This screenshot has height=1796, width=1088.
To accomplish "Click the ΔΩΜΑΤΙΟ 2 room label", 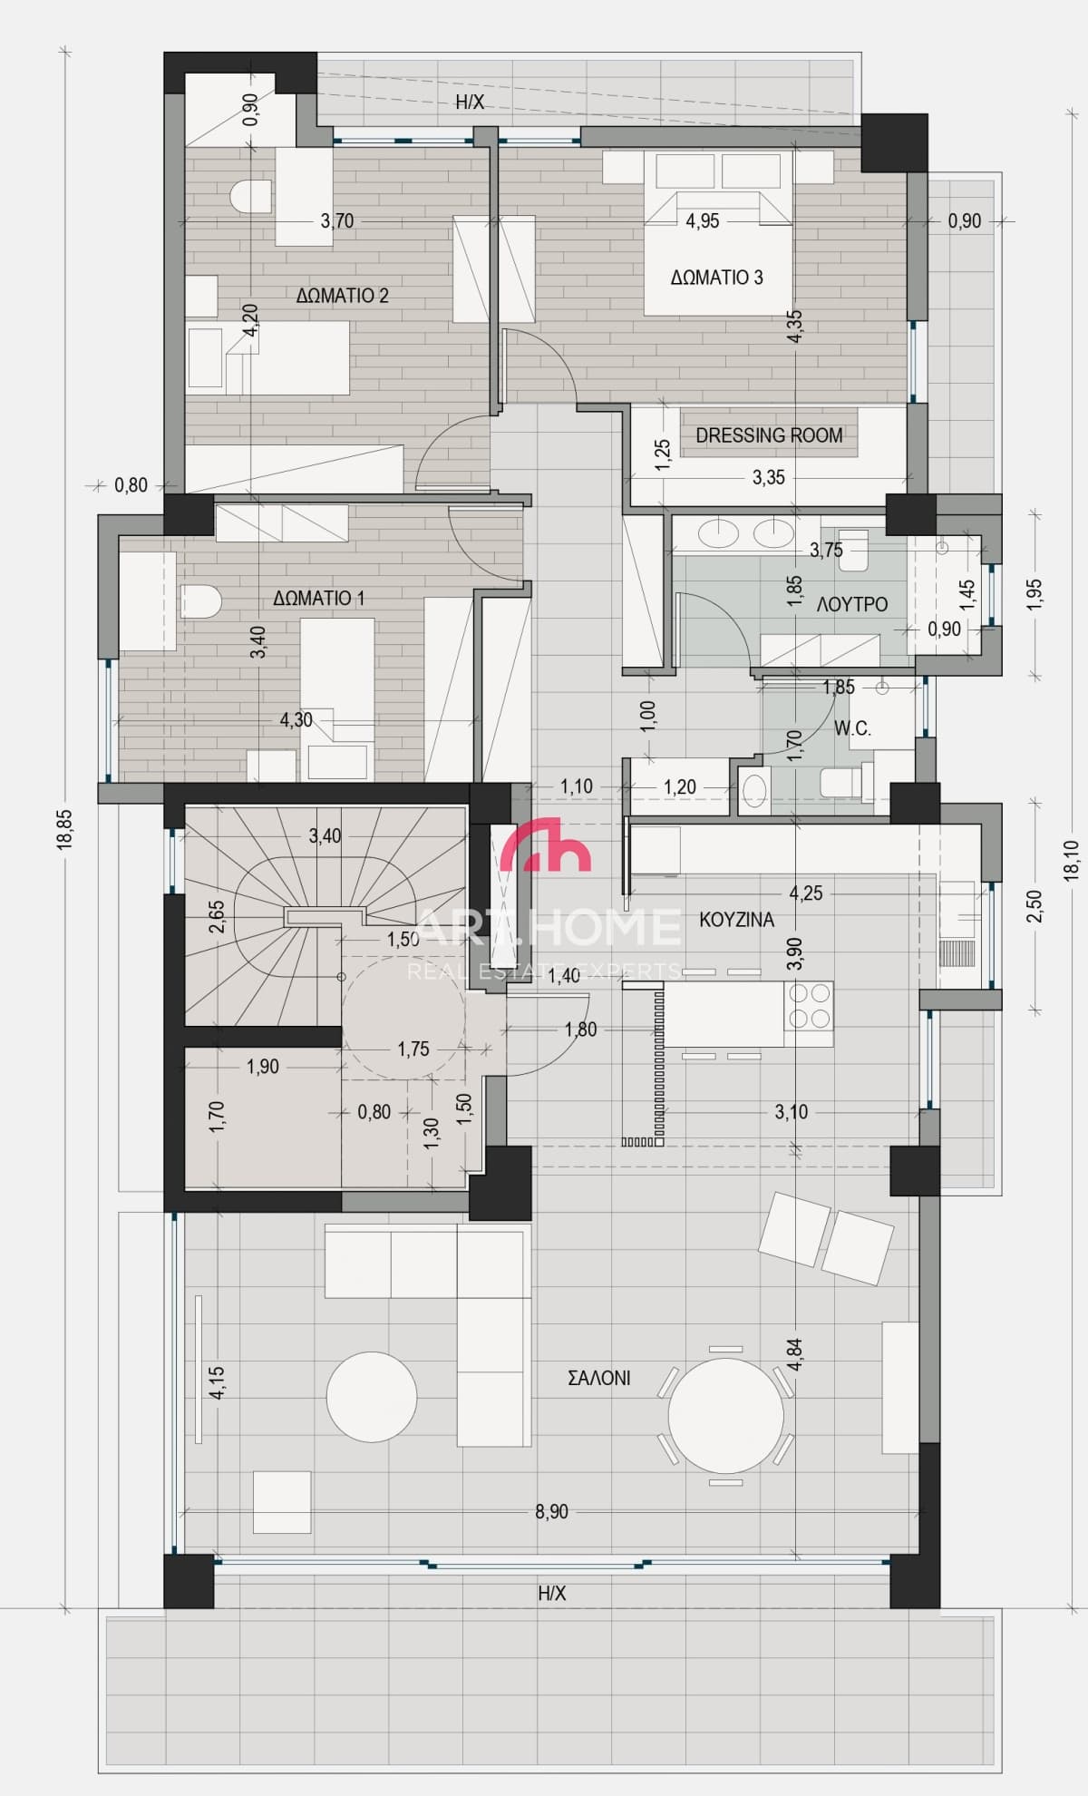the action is [342, 296].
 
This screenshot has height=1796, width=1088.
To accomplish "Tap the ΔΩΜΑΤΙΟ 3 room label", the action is [716, 278].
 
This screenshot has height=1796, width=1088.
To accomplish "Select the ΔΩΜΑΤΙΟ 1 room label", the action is [318, 599].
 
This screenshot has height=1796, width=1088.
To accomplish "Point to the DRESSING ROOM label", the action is [769, 435].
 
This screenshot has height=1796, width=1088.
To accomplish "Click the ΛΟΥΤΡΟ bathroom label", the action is [851, 604].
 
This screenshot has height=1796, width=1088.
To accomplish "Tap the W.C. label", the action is [852, 727].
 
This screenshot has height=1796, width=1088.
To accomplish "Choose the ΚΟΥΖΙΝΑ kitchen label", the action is [736, 920].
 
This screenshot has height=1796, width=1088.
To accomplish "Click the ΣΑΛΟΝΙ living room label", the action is [598, 1378].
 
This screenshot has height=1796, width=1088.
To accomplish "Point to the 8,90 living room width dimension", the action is [551, 1512].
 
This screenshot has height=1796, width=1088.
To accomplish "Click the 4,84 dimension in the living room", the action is [795, 1354].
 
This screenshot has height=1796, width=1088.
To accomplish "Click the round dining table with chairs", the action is [725, 1415].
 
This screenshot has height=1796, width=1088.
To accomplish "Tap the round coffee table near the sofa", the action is [372, 1397].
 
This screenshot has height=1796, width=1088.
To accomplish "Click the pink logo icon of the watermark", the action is [546, 844].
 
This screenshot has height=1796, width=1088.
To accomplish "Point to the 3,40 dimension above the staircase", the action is [325, 835].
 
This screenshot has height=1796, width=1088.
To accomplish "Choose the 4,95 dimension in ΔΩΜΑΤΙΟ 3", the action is [703, 220].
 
